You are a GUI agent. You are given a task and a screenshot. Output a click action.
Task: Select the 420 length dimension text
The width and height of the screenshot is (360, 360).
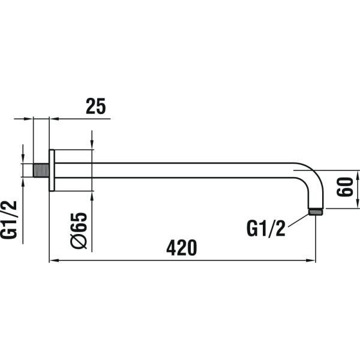[182, 247]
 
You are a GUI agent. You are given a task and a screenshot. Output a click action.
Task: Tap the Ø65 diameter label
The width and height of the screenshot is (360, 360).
[79, 230]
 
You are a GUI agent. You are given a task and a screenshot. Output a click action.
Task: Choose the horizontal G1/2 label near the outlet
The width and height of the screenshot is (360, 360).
[266, 228]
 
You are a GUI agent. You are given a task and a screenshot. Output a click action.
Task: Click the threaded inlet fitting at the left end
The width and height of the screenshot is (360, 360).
[41, 170]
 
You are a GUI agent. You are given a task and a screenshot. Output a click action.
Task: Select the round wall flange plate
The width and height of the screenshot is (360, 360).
[52, 170]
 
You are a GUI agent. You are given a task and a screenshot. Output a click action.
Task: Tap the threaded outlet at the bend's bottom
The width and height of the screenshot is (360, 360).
[316, 211]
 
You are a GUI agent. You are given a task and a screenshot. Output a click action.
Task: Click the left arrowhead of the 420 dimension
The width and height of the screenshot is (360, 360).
[53, 261]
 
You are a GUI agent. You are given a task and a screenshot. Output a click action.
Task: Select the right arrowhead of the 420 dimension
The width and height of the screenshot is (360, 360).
[311, 261]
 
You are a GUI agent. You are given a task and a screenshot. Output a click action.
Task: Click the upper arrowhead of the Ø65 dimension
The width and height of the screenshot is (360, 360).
[92, 145]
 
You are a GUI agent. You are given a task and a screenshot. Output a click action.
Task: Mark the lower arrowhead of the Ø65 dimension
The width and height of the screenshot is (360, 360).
[92, 196]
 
